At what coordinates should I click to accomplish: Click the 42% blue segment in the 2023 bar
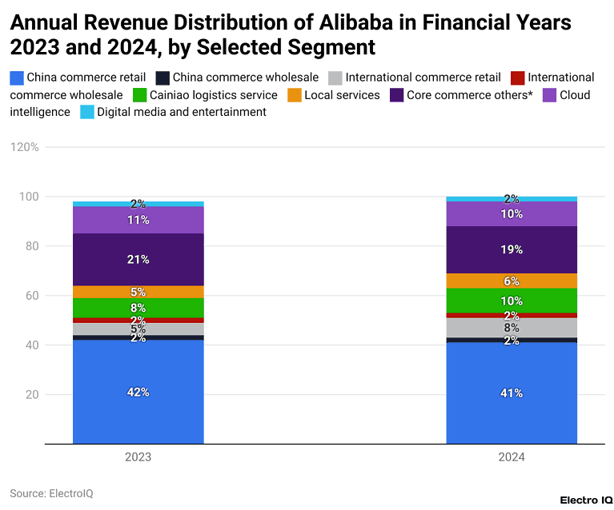click(x=138, y=392)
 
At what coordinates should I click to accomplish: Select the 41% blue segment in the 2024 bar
click(x=511, y=392)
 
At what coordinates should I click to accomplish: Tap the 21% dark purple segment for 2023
click(x=138, y=259)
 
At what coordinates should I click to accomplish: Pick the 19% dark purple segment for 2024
click(x=511, y=249)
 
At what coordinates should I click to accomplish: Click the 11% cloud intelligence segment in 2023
click(x=138, y=220)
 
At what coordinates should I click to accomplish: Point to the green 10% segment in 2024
click(x=511, y=301)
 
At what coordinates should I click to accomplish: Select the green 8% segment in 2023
click(x=138, y=308)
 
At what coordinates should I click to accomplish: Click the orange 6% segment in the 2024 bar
click(x=511, y=281)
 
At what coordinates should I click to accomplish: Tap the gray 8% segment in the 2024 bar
click(x=511, y=327)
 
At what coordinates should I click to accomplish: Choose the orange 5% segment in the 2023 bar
click(x=138, y=292)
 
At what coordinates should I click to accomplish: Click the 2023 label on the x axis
click(x=138, y=458)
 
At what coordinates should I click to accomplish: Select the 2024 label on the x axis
click(x=511, y=458)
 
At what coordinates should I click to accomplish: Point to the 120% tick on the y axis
click(x=24, y=147)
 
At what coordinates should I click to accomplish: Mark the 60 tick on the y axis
click(x=32, y=296)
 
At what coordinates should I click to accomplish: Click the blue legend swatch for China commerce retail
click(x=17, y=78)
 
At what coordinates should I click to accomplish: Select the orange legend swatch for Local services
click(x=295, y=95)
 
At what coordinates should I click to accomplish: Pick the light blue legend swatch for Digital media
click(x=87, y=113)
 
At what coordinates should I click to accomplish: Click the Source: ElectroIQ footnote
click(x=51, y=493)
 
